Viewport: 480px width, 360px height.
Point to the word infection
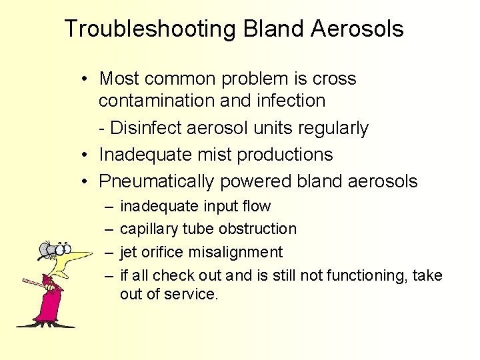point(294,101)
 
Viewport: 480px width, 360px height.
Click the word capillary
point(148,229)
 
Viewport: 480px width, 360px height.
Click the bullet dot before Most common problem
point(87,79)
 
